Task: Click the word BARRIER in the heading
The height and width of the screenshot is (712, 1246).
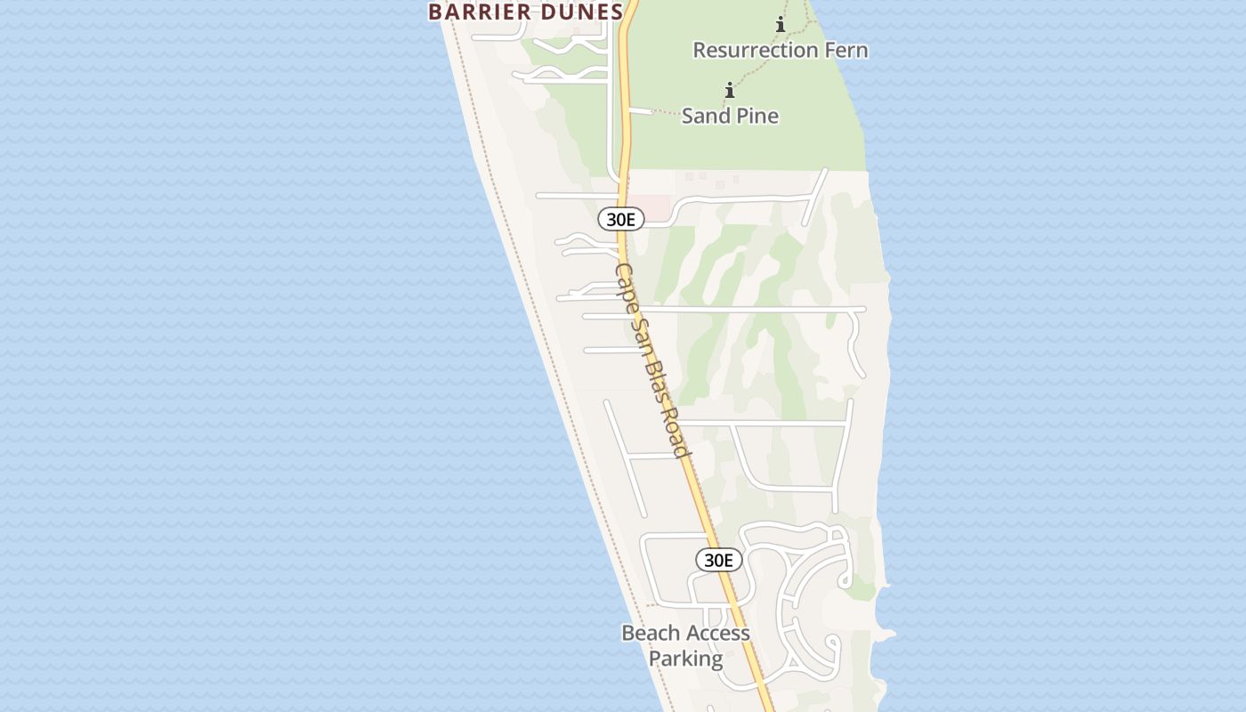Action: pyautogui.click(x=481, y=12)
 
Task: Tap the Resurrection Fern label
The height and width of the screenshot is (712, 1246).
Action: pyautogui.click(x=780, y=50)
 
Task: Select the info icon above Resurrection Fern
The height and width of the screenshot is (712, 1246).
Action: pyautogui.click(x=781, y=24)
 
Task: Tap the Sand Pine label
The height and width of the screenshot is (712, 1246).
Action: pyautogui.click(x=730, y=116)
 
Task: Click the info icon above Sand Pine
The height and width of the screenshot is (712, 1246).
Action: pyautogui.click(x=730, y=90)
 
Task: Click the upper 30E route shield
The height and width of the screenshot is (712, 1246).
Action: pyautogui.click(x=620, y=219)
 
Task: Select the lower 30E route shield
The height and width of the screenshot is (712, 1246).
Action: pyautogui.click(x=718, y=560)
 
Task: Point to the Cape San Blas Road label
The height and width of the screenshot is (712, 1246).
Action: pyautogui.click(x=652, y=360)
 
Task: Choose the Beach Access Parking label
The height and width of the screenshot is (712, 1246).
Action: pyautogui.click(x=685, y=645)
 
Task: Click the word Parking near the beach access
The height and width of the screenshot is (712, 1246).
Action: pyautogui.click(x=685, y=659)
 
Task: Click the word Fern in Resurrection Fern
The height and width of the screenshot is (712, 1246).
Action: pyautogui.click(x=845, y=50)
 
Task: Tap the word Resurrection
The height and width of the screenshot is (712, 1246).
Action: pyautogui.click(x=756, y=50)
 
